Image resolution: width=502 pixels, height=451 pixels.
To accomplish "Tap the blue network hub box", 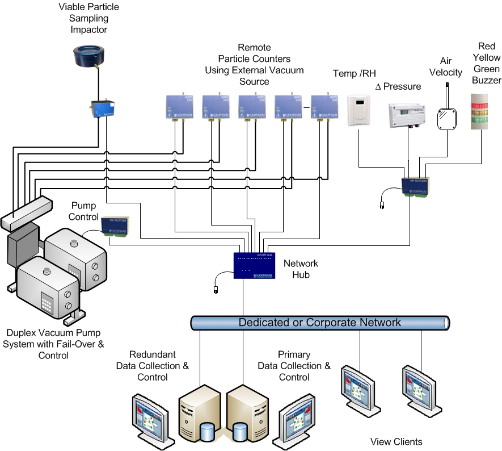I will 257,265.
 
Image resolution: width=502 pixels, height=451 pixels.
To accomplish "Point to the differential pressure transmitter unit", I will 404,115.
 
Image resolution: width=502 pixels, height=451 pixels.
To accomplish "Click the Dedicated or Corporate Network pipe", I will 320,323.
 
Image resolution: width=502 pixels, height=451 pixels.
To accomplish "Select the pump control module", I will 113,225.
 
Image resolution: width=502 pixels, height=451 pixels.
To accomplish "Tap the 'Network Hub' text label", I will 301,270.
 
